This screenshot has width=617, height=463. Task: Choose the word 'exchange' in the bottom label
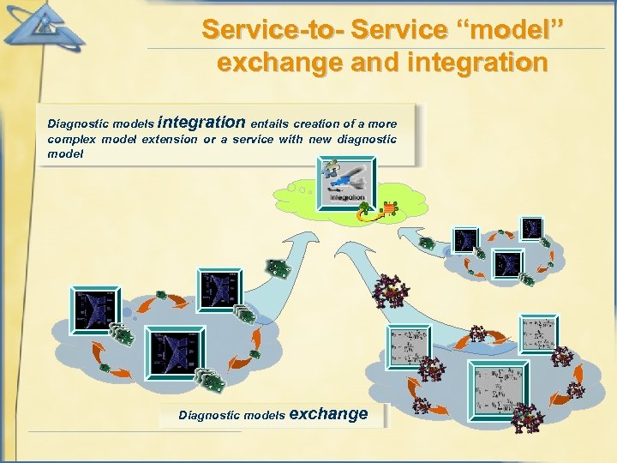pos(329,414)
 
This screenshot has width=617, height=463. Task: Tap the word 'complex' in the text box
pos(71,139)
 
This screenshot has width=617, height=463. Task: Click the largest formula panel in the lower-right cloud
pos(500,388)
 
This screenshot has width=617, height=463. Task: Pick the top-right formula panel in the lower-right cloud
pos(539,334)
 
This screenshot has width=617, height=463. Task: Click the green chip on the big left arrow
pos(278,269)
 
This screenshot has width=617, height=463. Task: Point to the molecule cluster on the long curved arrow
pos(391,291)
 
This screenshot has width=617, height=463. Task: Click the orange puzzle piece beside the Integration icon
pos(389,208)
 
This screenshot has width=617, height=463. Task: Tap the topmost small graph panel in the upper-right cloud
pos(531,227)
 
